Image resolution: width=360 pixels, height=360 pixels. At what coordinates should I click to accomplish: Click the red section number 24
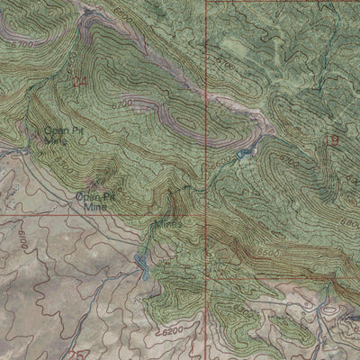79,82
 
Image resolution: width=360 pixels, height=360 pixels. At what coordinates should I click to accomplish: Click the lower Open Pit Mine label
94,199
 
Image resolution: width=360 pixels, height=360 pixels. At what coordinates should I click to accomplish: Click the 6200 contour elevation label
178,332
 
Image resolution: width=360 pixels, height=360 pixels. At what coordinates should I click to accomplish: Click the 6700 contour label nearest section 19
290,162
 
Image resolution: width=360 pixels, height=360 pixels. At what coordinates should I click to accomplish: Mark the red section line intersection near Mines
206,216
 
